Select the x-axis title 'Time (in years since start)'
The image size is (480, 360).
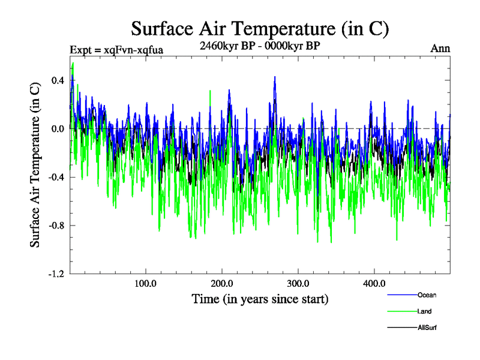[x=260, y=298]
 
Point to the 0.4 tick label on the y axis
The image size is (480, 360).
[x=57, y=80]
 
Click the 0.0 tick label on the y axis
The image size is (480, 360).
[x=57, y=128]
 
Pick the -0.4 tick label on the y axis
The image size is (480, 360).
[x=56, y=177]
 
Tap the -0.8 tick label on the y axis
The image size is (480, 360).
[x=56, y=226]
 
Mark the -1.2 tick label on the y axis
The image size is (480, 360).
[x=56, y=274]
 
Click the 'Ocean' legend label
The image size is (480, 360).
[x=427, y=295]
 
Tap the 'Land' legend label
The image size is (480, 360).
[x=424, y=311]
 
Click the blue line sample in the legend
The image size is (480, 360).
[x=402, y=295]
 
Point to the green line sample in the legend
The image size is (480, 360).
[x=402, y=312]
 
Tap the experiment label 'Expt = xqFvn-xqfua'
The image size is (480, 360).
[x=116, y=49]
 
